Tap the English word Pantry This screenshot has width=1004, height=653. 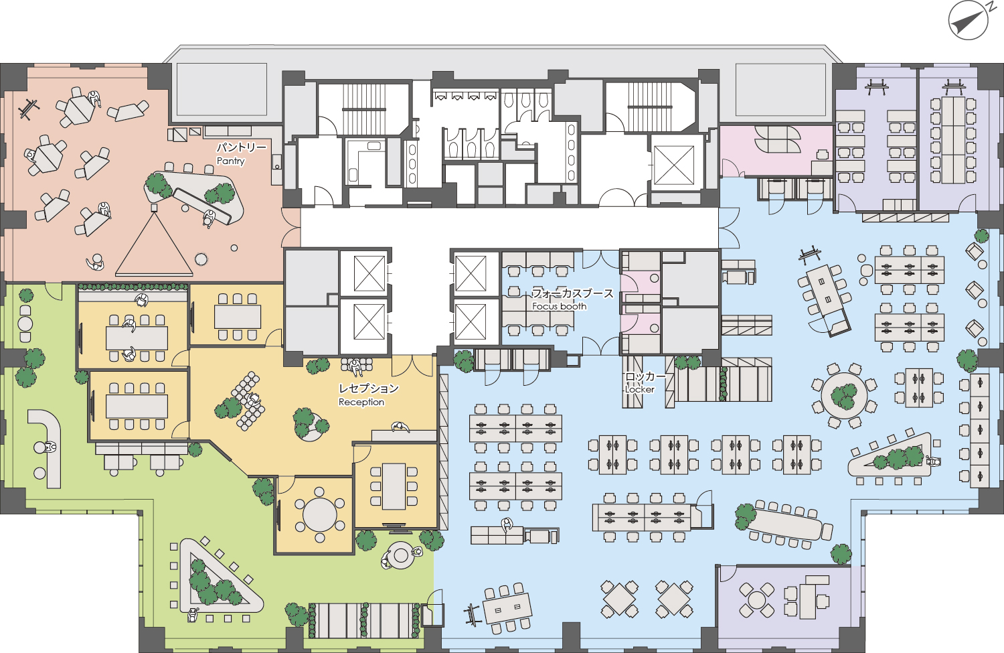coord(231,161)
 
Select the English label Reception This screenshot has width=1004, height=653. coord(361,403)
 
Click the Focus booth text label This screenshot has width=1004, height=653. coord(560,306)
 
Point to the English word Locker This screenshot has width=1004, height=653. coord(640,389)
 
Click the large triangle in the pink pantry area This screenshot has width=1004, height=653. coord(154,244)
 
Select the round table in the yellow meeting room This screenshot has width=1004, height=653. coord(319,514)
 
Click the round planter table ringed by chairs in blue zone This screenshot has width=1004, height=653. coord(845,396)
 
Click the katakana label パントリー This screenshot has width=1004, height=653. coord(242,147)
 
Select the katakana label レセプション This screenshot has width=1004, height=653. coord(368,388)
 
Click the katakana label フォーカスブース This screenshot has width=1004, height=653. coord(572,293)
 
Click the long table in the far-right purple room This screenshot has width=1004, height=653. coord(953,140)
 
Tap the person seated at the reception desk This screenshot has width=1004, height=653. coord(400,427)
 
